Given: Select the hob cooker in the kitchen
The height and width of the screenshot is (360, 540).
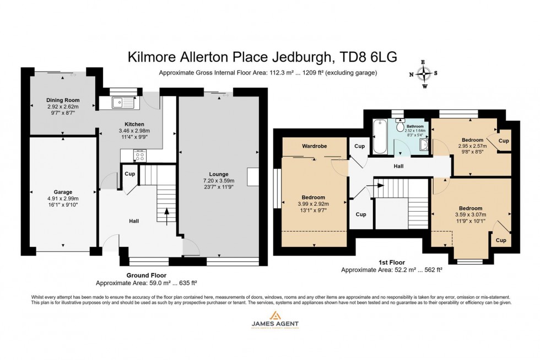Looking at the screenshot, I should (x=139, y=155).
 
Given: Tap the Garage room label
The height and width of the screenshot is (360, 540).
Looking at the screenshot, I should (x=63, y=192).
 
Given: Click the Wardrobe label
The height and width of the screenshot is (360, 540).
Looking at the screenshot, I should (x=314, y=147).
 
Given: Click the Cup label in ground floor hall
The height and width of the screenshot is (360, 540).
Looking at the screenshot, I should (x=129, y=174).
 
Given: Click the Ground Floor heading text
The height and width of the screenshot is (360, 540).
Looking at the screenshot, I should (x=147, y=275).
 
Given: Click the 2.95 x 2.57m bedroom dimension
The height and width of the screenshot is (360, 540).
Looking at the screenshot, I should (x=473, y=147).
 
